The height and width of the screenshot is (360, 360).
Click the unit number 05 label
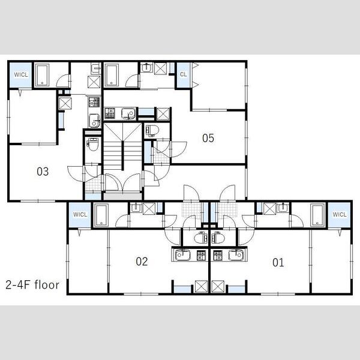coord(208,138)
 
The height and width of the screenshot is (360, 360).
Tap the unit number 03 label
coord(43,172)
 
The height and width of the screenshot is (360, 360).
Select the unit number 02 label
coord(142,261)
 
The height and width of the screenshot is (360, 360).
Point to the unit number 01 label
coord(278,262)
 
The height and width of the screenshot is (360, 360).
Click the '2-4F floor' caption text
coord(32,284)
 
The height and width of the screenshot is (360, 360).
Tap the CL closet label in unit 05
coord(183,74)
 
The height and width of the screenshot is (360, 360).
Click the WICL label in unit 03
coord(21,74)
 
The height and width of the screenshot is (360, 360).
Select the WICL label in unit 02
coord(80,214)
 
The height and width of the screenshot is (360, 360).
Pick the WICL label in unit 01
coord(340,214)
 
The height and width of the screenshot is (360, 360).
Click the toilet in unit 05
coord(152,131)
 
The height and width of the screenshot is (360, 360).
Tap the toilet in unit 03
coord(93,145)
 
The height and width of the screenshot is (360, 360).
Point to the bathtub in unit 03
coord(43,74)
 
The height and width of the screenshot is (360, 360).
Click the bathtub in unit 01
coord(318,215)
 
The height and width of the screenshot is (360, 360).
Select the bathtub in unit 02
coord(101,215)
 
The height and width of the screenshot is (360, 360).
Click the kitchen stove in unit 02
coord(201,256)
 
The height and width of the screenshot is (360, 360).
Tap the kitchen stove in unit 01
coord(218,256)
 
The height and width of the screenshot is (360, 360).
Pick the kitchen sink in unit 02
coord(183,255)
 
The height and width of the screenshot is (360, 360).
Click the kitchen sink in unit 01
coord(236,255)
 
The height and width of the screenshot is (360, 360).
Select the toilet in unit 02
coord(200,238)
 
